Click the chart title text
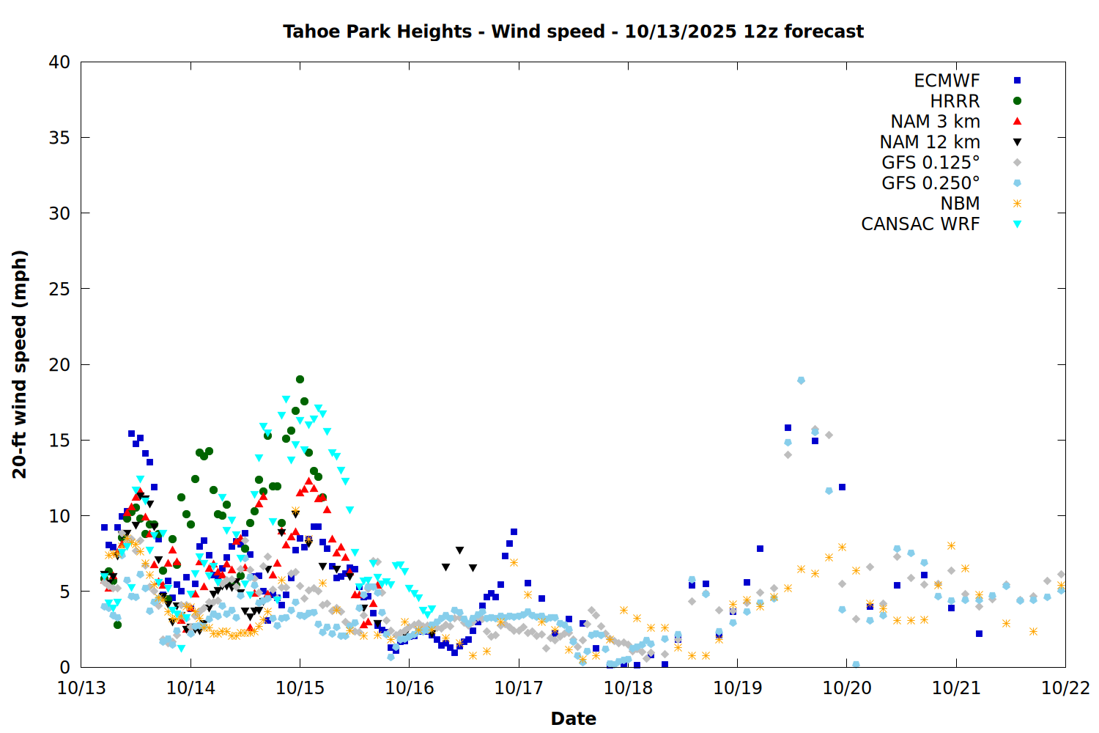coord(573,32)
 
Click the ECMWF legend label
coord(947,81)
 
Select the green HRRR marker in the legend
coord(1017,101)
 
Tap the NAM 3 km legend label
coord(935,122)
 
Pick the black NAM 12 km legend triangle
coord(1017,142)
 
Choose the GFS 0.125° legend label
coord(930,163)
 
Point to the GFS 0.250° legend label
coord(930,183)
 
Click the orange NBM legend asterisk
coord(1017,204)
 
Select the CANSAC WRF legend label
coord(920,224)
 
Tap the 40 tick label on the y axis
coord(59,62)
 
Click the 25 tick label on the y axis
coord(59,289)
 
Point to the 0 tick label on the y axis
coord(65,667)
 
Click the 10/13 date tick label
coord(81,688)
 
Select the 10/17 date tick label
coord(519,688)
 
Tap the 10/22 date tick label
coord(1065,688)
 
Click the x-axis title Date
coord(573,718)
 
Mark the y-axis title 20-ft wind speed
coord(20,364)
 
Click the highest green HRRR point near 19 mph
coord(300,379)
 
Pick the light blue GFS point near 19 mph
coord(801,380)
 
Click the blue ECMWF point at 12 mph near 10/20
coord(842,487)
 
